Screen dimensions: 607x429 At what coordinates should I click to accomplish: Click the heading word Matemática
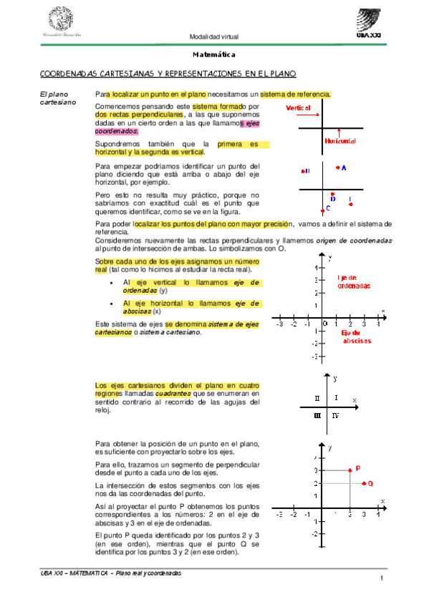point(214,55)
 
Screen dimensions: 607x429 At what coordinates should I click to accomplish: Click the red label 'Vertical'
point(299,107)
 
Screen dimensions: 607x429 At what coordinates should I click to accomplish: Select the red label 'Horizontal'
point(341,142)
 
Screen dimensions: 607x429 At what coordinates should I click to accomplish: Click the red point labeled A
point(337,167)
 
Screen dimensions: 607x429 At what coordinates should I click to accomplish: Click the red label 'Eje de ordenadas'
point(354,281)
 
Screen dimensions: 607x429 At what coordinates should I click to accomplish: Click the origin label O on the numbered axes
point(326,324)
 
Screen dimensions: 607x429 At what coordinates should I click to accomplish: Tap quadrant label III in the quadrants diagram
point(317,414)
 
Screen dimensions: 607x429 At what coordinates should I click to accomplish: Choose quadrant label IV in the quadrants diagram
point(336,414)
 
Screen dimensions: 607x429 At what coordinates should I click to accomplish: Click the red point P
point(349,470)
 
